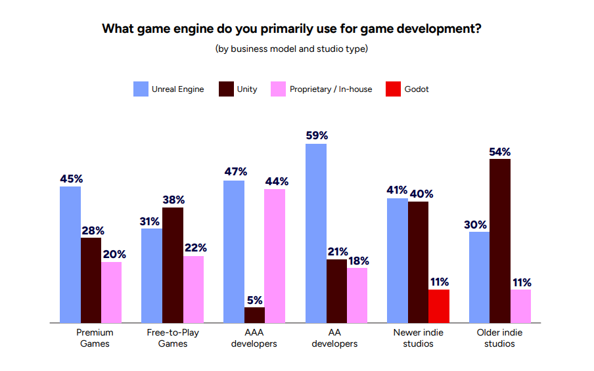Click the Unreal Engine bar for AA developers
coord(316,233)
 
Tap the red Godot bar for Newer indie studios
coord(438,306)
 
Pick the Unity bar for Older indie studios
coord(500,241)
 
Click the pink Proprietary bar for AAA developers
coord(275,256)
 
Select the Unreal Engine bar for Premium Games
coord(70,255)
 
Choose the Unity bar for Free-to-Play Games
coord(173,265)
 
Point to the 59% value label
coord(316,135)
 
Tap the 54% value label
coord(499,152)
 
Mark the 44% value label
coord(276,181)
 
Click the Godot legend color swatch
coord(394,89)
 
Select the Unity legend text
coord(247,89)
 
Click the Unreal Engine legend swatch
coord(141,89)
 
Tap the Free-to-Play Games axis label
coord(173,338)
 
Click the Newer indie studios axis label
coord(418,338)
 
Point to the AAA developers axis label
coord(254,338)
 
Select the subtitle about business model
coord(291,49)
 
